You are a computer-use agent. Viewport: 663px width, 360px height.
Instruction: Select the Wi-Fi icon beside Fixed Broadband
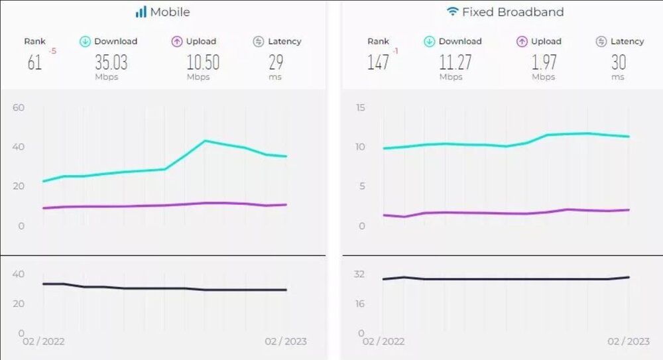pyautogui.click(x=453, y=12)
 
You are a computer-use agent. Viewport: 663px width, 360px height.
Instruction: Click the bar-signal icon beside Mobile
pyautogui.click(x=141, y=12)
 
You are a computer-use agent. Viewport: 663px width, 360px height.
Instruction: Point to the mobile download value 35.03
pyautogui.click(x=111, y=63)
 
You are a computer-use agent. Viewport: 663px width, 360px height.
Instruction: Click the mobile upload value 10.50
pyautogui.click(x=202, y=63)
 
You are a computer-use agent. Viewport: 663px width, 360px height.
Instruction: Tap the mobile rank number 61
pyautogui.click(x=34, y=63)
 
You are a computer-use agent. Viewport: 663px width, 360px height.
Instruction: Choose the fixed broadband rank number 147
pyautogui.click(x=377, y=63)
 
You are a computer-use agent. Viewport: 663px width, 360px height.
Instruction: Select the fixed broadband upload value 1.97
pyautogui.click(x=544, y=63)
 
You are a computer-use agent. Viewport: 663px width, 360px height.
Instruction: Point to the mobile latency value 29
pyautogui.click(x=276, y=63)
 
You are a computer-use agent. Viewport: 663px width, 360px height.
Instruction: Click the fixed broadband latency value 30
pyautogui.click(x=619, y=63)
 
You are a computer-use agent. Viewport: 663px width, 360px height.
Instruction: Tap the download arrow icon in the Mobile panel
pyautogui.click(x=85, y=42)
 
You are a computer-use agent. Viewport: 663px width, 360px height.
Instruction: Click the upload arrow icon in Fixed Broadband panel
pyautogui.click(x=522, y=42)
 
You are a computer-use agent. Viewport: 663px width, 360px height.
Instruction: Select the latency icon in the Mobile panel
pyautogui.click(x=259, y=42)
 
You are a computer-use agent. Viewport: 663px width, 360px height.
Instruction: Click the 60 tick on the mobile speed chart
pyautogui.click(x=19, y=107)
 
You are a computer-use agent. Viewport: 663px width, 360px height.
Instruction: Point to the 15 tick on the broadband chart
pyautogui.click(x=360, y=107)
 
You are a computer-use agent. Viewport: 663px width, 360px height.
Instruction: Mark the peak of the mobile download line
pyautogui.click(x=206, y=141)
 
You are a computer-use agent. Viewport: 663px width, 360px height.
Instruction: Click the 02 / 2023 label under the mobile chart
pyautogui.click(x=286, y=341)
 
